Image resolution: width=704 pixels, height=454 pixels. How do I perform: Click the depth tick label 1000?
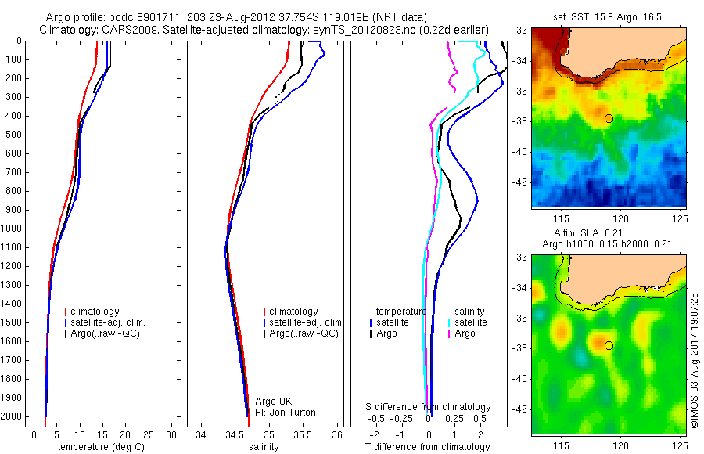(x=12, y=229)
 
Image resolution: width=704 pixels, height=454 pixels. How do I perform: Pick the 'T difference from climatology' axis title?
(x=427, y=447)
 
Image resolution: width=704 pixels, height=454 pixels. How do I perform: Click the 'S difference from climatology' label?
(x=429, y=407)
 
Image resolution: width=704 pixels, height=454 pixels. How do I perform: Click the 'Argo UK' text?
(x=274, y=402)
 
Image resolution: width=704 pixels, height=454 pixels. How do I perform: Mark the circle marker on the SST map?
(x=609, y=118)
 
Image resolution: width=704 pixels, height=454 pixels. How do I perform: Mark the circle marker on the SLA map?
(x=609, y=345)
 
